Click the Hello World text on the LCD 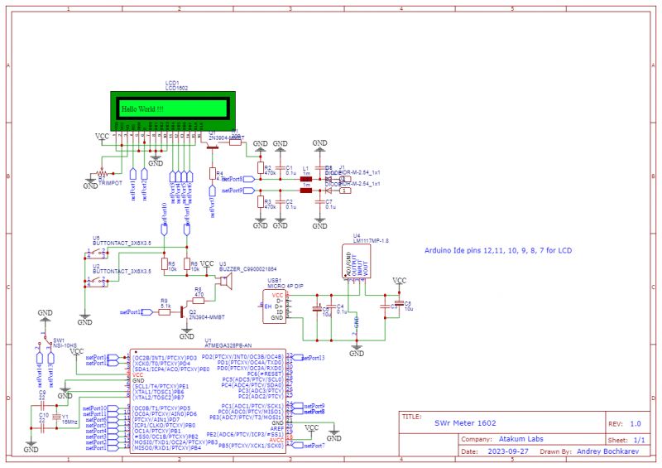click(142, 109)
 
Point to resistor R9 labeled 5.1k click(165, 311)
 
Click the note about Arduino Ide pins click(497, 249)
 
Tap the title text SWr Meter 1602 click(463, 422)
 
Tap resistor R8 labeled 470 click(199, 296)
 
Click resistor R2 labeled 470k click(260, 172)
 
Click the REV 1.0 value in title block click(635, 422)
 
